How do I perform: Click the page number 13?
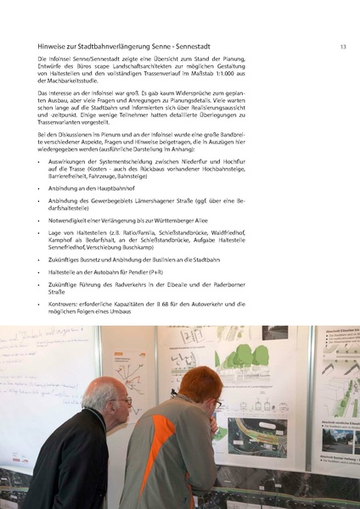(x=342, y=48)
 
